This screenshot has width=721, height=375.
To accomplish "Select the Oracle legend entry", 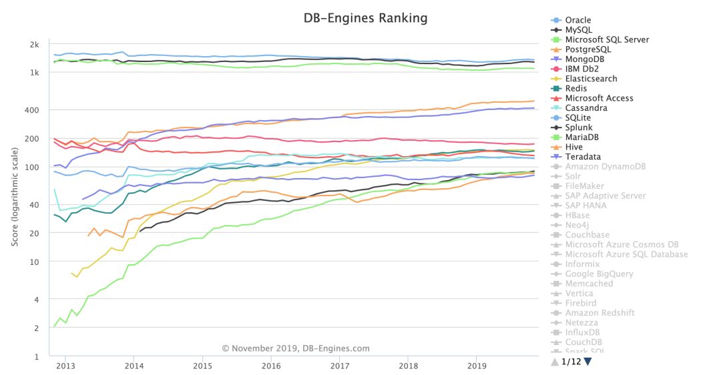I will (577, 20).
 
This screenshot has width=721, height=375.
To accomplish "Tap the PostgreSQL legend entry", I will (587, 49).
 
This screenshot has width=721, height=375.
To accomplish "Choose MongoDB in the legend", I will (585, 59).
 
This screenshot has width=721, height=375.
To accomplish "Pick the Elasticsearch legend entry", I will (591, 79).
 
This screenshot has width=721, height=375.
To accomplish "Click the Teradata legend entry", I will (583, 157).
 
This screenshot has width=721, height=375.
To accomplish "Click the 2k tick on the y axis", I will (35, 45).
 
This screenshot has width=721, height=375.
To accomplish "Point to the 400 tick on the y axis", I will (33, 110).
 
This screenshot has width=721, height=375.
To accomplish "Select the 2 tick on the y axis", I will (37, 328).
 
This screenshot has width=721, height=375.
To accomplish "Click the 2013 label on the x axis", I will (65, 366).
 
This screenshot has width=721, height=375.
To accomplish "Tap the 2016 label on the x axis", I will (271, 366).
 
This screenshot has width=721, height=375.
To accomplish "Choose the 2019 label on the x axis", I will (477, 366).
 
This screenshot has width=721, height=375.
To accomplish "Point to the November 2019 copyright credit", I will (296, 348).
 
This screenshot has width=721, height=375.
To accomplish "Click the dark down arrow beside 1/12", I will (587, 362).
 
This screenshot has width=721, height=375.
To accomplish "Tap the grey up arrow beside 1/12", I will (554, 362).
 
